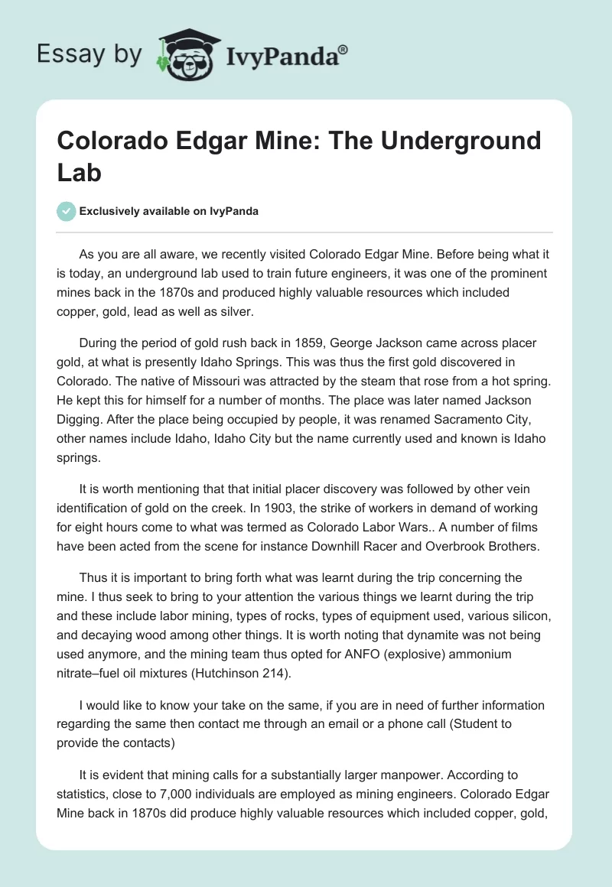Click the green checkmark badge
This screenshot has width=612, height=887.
pyautogui.click(x=67, y=211)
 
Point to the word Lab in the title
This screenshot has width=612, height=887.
pyautogui.click(x=80, y=171)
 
